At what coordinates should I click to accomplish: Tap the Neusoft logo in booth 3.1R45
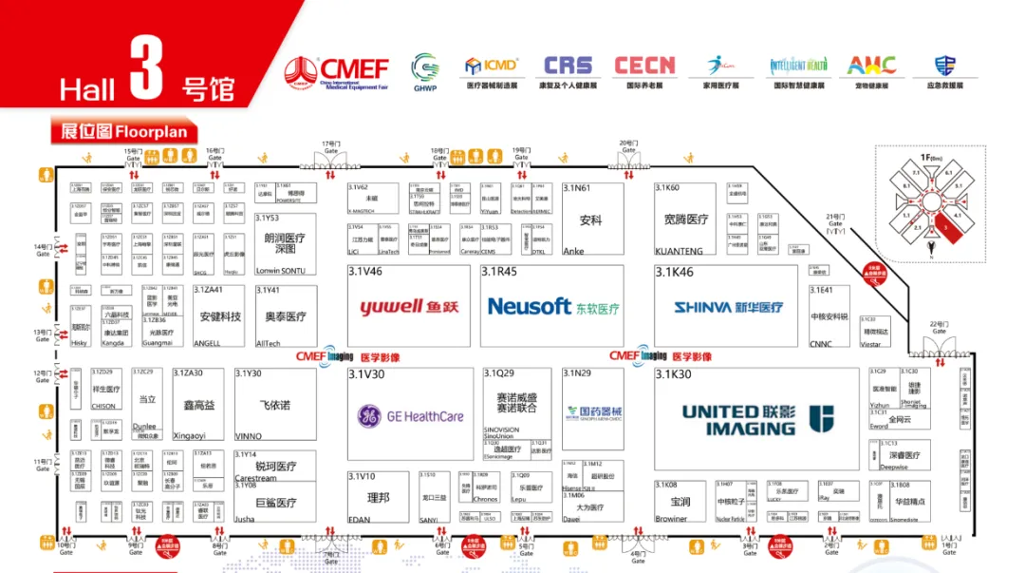click(x=552, y=307)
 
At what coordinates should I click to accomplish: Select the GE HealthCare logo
click(x=410, y=415)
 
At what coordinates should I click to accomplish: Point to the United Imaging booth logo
click(x=756, y=419)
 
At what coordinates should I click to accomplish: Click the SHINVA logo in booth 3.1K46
click(x=729, y=307)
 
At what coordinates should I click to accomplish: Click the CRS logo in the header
click(x=568, y=66)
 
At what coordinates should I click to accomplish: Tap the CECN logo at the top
click(x=644, y=66)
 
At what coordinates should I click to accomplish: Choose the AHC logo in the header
click(x=870, y=66)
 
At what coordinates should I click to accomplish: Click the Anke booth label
click(x=573, y=252)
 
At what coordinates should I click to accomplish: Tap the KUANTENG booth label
click(x=679, y=252)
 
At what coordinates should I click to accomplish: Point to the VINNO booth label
click(x=248, y=436)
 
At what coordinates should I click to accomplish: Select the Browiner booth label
click(x=671, y=519)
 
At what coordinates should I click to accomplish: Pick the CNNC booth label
click(x=821, y=345)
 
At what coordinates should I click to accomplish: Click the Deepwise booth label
click(x=894, y=467)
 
